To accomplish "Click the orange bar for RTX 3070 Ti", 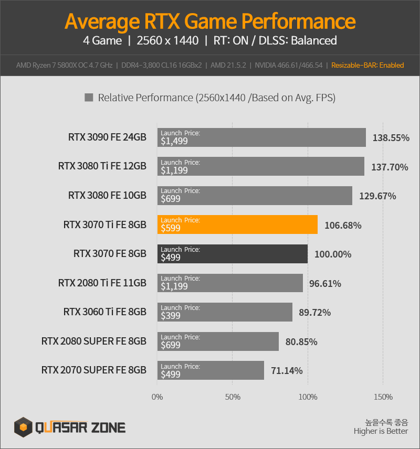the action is point(237,224).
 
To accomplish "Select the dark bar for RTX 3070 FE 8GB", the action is point(233,254).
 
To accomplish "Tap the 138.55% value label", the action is point(391,138).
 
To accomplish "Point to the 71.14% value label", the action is point(287,370).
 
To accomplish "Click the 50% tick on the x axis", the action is point(233,397).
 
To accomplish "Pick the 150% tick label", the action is point(383,397).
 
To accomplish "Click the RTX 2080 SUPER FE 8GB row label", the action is point(94,341).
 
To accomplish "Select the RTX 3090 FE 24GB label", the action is point(107,137).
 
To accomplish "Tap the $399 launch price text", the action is point(171,316).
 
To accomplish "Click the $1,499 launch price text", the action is point(174,141).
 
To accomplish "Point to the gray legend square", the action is point(89,98).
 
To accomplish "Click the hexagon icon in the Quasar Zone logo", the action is point(23,427).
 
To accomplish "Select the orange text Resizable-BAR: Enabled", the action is point(367,65).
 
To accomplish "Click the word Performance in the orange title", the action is point(298,22).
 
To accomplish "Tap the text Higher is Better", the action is point(381,431).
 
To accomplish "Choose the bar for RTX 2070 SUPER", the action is point(211,370).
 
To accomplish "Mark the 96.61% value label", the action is point(325,283).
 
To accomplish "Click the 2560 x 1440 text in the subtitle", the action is point(167,40).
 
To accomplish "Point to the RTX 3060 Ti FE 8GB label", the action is point(105,312).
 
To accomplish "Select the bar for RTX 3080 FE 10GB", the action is point(255,196).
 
